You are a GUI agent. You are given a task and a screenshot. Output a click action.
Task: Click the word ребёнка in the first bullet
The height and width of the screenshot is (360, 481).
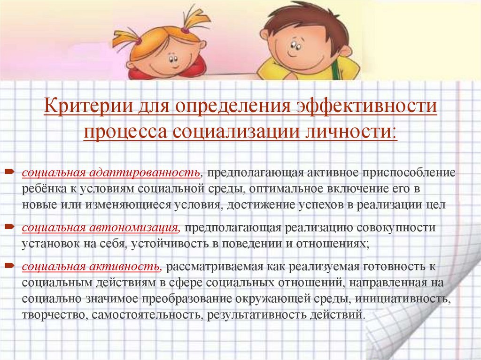tap(40, 189)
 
